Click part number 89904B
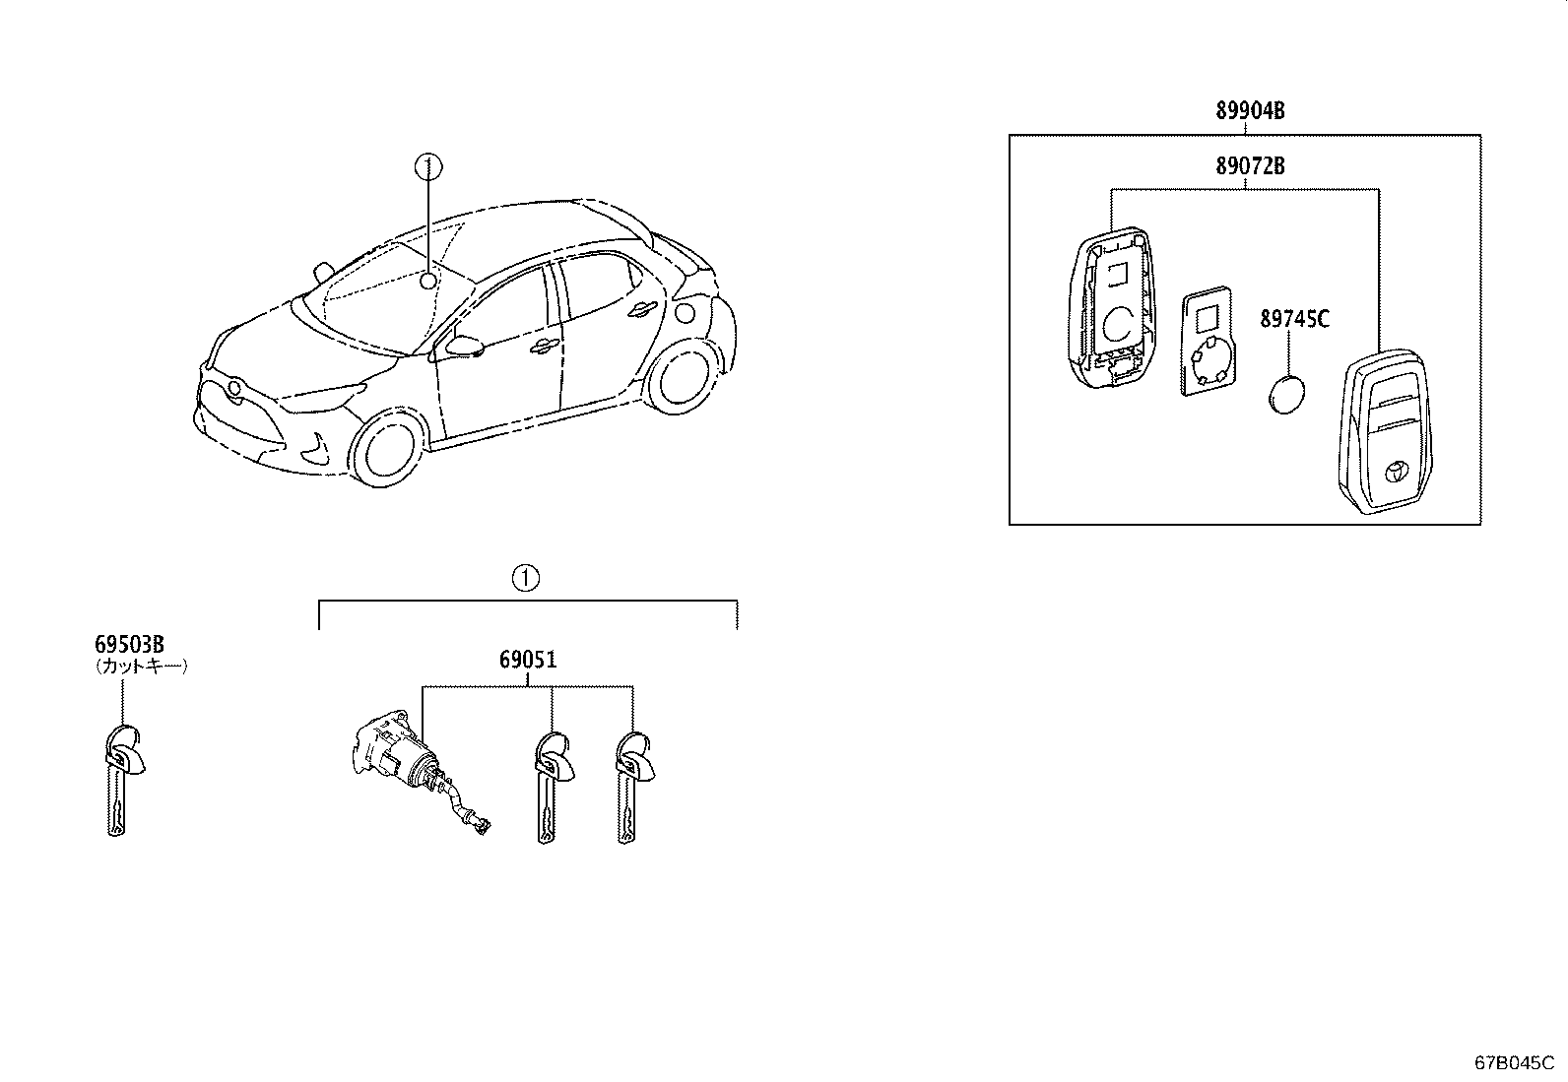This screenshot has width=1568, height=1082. tap(1249, 110)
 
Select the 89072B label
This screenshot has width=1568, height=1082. tap(1249, 166)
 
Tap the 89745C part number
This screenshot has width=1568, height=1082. tap(1294, 319)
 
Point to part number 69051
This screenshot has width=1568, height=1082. tap(528, 660)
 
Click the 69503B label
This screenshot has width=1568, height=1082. tap(129, 645)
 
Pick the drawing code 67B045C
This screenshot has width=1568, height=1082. tap(1513, 1063)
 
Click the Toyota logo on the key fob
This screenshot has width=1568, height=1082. tap(1401, 474)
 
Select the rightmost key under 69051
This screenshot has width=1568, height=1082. tap(629, 788)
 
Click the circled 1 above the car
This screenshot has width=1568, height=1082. tap(426, 166)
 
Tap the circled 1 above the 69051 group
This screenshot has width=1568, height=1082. tap(526, 578)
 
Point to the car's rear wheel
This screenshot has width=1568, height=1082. tap(678, 376)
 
